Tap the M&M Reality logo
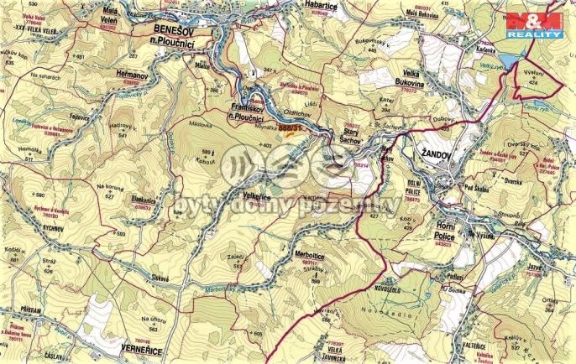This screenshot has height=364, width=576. point(533,25)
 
